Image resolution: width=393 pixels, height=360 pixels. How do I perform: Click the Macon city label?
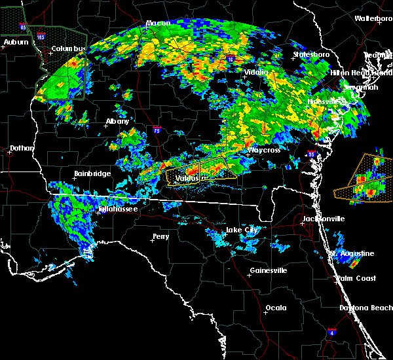point(158,23)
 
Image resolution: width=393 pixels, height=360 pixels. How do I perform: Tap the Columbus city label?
point(70,49)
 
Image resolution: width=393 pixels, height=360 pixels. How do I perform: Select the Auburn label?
point(16,42)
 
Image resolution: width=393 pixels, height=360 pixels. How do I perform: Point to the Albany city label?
point(117,121)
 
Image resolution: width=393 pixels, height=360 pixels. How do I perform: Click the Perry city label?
point(160,236)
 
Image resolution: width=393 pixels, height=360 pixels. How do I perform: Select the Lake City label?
point(242,230)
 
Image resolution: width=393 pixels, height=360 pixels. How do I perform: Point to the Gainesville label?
point(269,270)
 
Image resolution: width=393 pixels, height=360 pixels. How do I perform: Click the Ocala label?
point(276,308)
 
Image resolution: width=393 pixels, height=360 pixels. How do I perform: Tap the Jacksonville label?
point(323,219)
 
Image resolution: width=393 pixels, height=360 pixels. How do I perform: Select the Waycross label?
point(264,150)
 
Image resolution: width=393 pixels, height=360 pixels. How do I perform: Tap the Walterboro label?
point(373,19)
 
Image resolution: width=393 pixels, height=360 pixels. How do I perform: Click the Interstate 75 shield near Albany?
point(157,130)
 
